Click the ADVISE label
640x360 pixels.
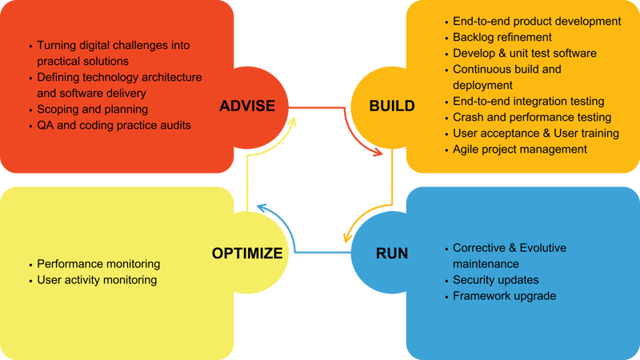248,106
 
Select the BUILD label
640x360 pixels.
392,106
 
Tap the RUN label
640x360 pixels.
392,254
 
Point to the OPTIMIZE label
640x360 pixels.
247,254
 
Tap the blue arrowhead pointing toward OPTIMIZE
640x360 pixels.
263,210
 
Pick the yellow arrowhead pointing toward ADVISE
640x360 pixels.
293,122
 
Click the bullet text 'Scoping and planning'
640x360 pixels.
92,109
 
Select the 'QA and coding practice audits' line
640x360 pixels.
114,124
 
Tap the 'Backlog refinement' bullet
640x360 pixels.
502,37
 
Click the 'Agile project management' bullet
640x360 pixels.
520,149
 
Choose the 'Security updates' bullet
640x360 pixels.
495,280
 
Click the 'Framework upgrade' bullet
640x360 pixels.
504,296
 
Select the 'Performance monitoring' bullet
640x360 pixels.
98,264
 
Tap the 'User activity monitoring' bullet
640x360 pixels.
97,280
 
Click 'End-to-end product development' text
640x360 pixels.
537,21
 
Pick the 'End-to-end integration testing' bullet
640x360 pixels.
528,101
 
